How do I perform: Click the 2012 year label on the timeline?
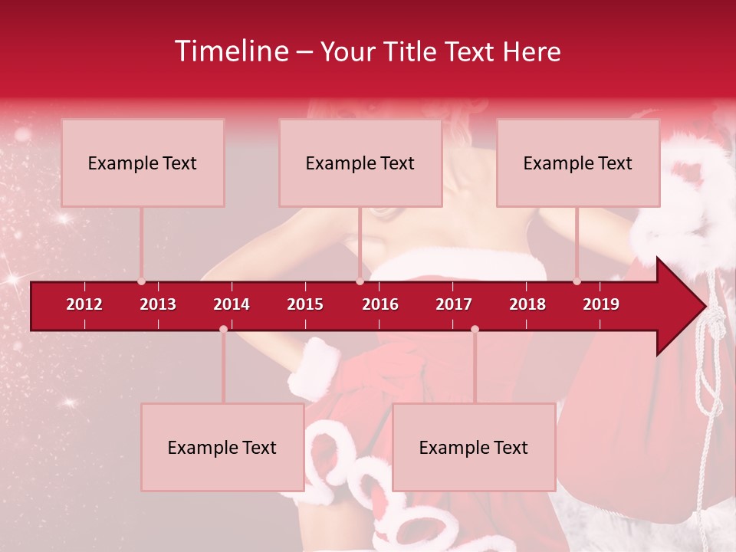[84, 304]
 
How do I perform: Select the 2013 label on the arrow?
[158, 304]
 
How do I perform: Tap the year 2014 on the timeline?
[232, 304]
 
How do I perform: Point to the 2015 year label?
[305, 304]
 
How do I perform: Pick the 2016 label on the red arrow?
[380, 304]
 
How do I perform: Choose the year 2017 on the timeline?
[454, 304]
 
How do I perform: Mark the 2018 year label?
[527, 304]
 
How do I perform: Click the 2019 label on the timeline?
[601, 304]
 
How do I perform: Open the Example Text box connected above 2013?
[143, 163]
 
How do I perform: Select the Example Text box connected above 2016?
[360, 163]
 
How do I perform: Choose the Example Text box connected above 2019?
[578, 163]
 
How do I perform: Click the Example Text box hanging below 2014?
[222, 448]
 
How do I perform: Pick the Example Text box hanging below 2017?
[474, 448]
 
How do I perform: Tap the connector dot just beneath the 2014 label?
[223, 329]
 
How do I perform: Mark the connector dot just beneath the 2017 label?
[475, 329]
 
